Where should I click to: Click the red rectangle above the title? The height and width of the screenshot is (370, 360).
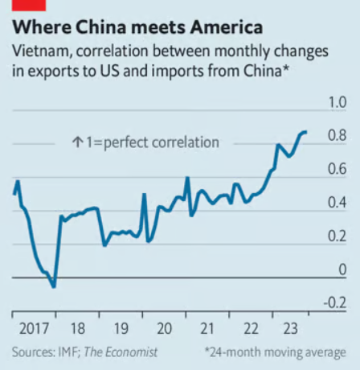pyautogui.click(x=29, y=6)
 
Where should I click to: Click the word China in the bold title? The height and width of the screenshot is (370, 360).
pyautogui.click(x=100, y=27)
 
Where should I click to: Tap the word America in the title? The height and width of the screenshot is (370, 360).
pyautogui.click(x=227, y=27)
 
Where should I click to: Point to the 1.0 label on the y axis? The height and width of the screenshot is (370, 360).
pyautogui.click(x=337, y=102)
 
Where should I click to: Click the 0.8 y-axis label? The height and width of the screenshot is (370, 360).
pyautogui.click(x=337, y=135)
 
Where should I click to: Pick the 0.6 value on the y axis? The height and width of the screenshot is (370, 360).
pyautogui.click(x=337, y=169)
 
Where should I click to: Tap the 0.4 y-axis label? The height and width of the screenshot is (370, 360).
pyautogui.click(x=337, y=203)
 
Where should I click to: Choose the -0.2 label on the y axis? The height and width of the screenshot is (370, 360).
pyautogui.click(x=335, y=303)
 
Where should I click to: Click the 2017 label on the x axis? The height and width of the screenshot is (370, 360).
pyautogui.click(x=34, y=328)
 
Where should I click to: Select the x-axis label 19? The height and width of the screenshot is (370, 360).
pyautogui.click(x=121, y=328)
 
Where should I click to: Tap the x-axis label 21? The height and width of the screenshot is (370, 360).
pyautogui.click(x=207, y=328)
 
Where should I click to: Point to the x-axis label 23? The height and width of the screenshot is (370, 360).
pyautogui.click(x=290, y=328)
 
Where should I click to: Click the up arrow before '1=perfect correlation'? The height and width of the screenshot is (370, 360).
pyautogui.click(x=77, y=142)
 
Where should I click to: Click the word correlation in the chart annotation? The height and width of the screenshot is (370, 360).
pyautogui.click(x=186, y=142)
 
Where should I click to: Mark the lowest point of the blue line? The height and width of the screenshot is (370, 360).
pyautogui.click(x=54, y=287)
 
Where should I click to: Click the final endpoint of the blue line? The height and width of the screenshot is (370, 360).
pyautogui.click(x=306, y=132)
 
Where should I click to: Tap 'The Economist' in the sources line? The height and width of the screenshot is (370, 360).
pyautogui.click(x=121, y=352)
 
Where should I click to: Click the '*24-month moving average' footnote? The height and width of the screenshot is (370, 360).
pyautogui.click(x=276, y=352)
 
